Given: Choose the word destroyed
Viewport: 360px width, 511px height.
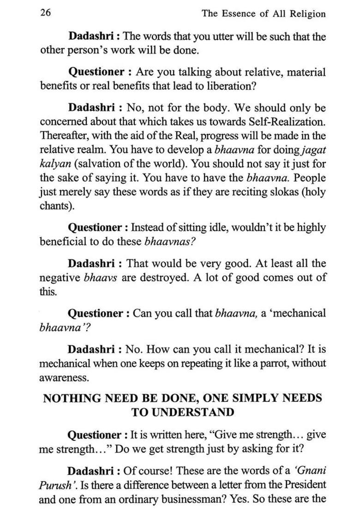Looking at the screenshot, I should (x=203, y=278).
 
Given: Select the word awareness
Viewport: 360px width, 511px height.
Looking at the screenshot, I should (x=63, y=377).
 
